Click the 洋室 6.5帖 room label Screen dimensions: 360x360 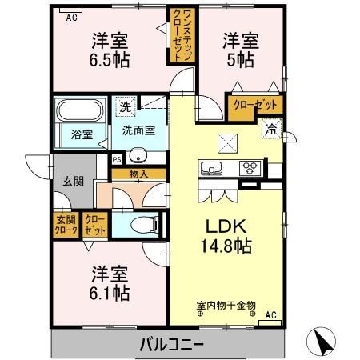coord(110,50)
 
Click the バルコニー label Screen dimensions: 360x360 coord(173,346)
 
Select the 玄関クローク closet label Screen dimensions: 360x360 coord(66,226)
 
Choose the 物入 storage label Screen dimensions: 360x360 coord(138,173)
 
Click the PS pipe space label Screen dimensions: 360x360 coord(117,158)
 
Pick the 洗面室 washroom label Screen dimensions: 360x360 coord(138,130)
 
